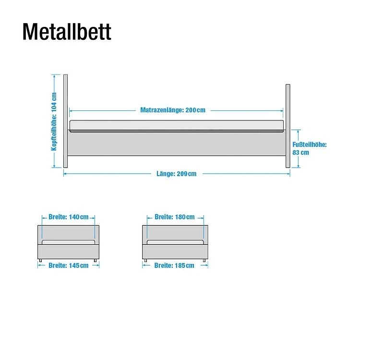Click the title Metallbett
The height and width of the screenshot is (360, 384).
pyautogui.click(x=67, y=32)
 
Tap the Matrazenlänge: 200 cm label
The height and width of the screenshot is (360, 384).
pyautogui.click(x=173, y=110)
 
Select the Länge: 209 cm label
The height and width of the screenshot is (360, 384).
pyautogui.click(x=176, y=174)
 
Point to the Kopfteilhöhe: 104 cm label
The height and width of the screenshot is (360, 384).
pyautogui.click(x=54, y=121)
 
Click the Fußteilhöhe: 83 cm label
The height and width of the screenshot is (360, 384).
pyautogui.click(x=310, y=148)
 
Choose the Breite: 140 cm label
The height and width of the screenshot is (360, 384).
pyautogui.click(x=69, y=217)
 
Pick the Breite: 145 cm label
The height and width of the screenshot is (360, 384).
pyautogui.click(x=69, y=265)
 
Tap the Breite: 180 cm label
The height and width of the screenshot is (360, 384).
pyautogui.click(x=175, y=217)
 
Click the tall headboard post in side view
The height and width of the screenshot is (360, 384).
pyautogui.click(x=66, y=121)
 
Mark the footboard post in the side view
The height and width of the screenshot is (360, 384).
pyautogui.click(x=288, y=126)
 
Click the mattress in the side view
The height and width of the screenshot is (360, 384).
pyautogui.click(x=176, y=126)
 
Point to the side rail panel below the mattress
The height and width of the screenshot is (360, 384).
pyautogui.click(x=176, y=143)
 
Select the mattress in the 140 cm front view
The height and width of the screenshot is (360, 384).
pyautogui.click(x=69, y=242)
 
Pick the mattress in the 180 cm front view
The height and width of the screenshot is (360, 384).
pyautogui.click(x=175, y=242)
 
